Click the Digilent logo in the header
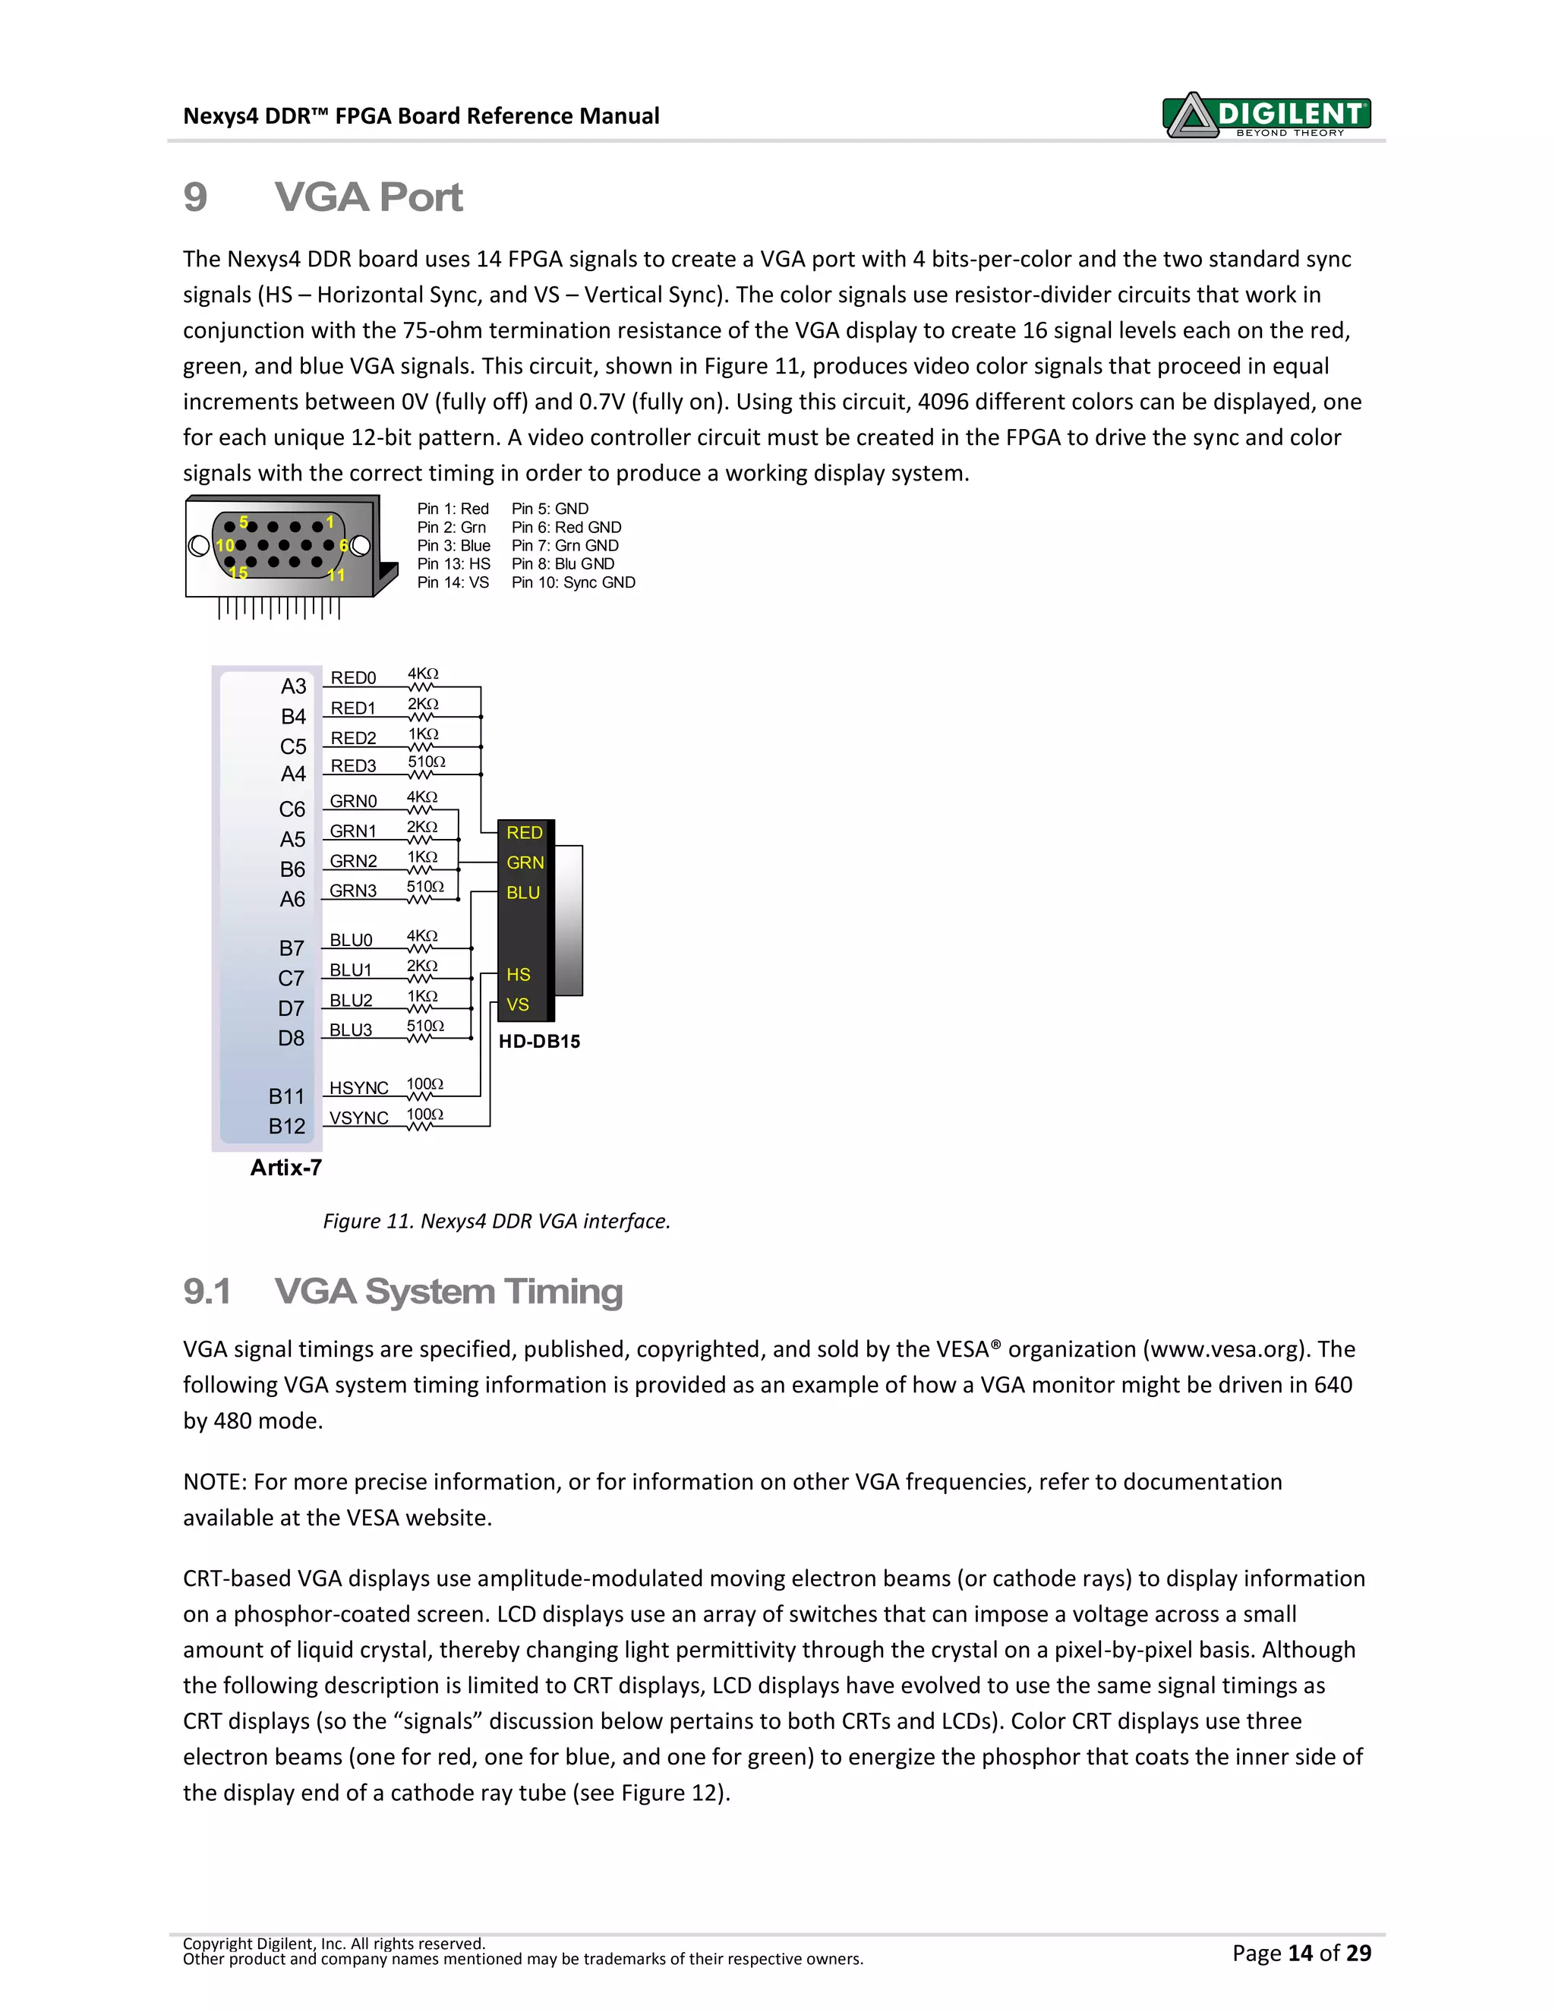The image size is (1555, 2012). pyautogui.click(x=1267, y=116)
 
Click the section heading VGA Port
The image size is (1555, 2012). pyautogui.click(x=367, y=197)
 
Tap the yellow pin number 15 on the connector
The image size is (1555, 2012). pyautogui.click(x=238, y=573)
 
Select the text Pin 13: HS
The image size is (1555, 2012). pyautogui.click(x=453, y=564)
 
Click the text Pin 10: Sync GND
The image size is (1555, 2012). pyautogui.click(x=573, y=582)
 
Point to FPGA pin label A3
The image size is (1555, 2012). pyautogui.click(x=293, y=686)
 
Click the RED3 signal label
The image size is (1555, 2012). pyautogui.click(x=353, y=767)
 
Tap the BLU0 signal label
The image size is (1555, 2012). pyautogui.click(x=351, y=941)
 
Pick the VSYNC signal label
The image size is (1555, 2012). pyautogui.click(x=358, y=1118)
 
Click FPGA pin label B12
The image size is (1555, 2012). pyautogui.click(x=286, y=1127)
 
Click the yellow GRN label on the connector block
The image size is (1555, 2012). pyautogui.click(x=525, y=863)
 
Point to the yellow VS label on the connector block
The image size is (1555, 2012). pyautogui.click(x=518, y=1005)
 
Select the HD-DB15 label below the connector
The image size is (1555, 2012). pyautogui.click(x=539, y=1042)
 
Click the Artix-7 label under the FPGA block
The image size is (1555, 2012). pyautogui.click(x=285, y=1168)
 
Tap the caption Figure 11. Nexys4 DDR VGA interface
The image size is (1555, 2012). pyautogui.click(x=497, y=1222)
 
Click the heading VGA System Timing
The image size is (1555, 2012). pyautogui.click(x=448, y=1291)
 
